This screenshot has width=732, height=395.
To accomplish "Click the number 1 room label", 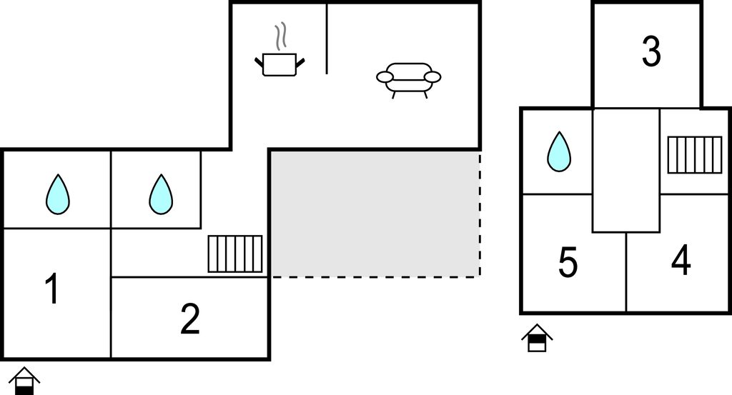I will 51,289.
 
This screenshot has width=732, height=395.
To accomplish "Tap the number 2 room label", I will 189,319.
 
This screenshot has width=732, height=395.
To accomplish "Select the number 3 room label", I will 651,52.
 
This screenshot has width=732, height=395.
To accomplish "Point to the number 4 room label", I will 681,261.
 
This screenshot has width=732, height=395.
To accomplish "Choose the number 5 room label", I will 568,263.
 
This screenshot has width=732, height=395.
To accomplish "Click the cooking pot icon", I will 280,64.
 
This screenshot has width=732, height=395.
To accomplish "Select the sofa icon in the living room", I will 408,79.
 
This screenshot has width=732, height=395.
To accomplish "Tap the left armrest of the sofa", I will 385,76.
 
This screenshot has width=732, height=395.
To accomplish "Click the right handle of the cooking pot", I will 301,63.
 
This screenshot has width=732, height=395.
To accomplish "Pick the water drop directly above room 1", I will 58,194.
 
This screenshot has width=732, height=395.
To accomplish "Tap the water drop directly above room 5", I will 559,152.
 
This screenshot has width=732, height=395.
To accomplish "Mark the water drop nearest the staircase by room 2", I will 162,194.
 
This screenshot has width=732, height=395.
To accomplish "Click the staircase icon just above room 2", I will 235,254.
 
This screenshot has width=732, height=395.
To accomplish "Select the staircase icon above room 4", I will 695,154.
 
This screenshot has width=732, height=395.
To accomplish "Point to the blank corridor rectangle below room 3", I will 625,170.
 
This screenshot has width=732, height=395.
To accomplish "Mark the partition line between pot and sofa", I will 327,39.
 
